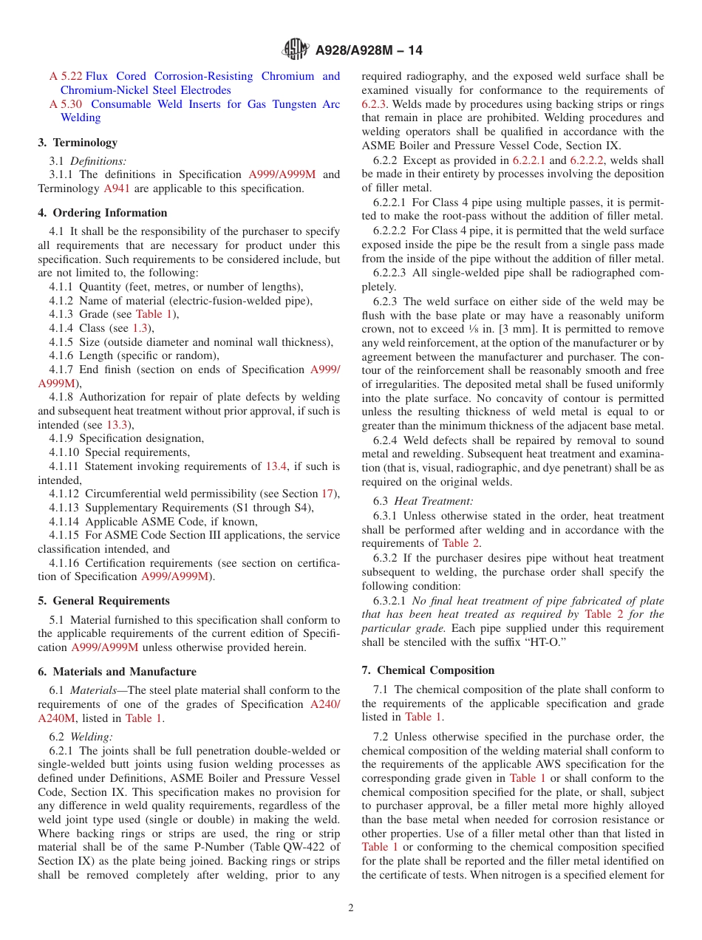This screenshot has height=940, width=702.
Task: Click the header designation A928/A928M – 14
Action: point(369,51)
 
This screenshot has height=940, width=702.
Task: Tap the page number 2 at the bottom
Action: point(351,908)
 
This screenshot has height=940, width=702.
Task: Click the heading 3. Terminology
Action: point(78,143)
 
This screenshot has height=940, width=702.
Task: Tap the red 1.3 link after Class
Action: point(140,328)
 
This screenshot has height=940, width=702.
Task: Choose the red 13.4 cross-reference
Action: point(276,466)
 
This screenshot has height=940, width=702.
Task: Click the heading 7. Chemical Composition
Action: point(428,670)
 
